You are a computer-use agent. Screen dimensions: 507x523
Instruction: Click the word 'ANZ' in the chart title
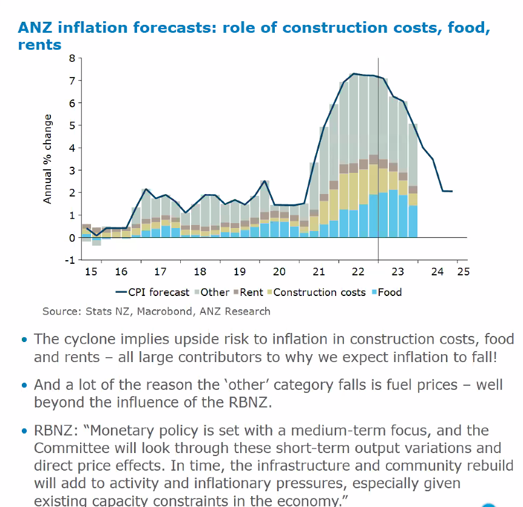[x=38, y=27]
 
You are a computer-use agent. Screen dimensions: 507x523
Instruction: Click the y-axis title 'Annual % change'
[x=48, y=158]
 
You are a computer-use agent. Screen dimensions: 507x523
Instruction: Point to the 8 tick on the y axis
[x=72, y=59]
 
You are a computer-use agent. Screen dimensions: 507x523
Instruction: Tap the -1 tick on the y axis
[x=70, y=260]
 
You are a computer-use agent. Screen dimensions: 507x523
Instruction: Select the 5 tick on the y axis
[x=72, y=126]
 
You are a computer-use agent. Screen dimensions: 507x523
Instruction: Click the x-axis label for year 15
[x=90, y=272]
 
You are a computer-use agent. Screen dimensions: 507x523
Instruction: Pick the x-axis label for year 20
[x=278, y=272]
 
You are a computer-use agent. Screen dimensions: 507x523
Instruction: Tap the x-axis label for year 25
[x=463, y=272]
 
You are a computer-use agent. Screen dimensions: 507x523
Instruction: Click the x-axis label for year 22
[x=358, y=272]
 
